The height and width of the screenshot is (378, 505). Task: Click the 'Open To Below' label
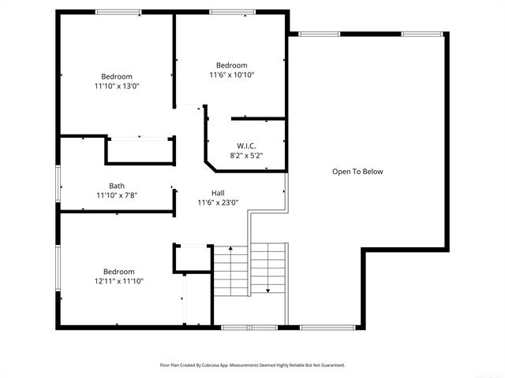[x=357, y=172]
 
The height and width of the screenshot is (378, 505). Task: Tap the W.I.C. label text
[x=246, y=146]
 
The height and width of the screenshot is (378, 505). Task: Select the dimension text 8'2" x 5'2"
[x=246, y=156]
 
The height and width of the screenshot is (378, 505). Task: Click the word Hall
[x=219, y=193]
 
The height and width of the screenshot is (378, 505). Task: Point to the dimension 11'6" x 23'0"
[x=219, y=203]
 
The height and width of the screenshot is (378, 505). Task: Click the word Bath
[x=117, y=186]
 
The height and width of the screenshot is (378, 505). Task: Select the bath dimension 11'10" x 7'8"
[x=117, y=195]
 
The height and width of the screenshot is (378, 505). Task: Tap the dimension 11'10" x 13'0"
[x=116, y=86]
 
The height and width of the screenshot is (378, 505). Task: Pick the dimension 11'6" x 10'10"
[x=231, y=75]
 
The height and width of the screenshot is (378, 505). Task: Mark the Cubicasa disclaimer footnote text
[x=252, y=365]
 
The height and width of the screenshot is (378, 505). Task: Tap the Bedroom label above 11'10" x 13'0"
[x=116, y=76]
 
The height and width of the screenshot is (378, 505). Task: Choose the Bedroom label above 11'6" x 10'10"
[x=231, y=65]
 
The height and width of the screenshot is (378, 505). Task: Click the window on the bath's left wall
[x=57, y=186]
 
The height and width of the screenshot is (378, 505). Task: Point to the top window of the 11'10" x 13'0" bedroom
[x=118, y=12]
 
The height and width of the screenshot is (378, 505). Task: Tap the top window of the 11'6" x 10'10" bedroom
[x=231, y=12]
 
